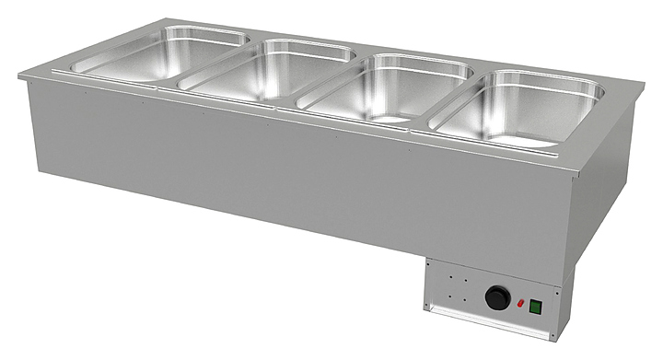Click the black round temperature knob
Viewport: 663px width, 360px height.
coord(497,297)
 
